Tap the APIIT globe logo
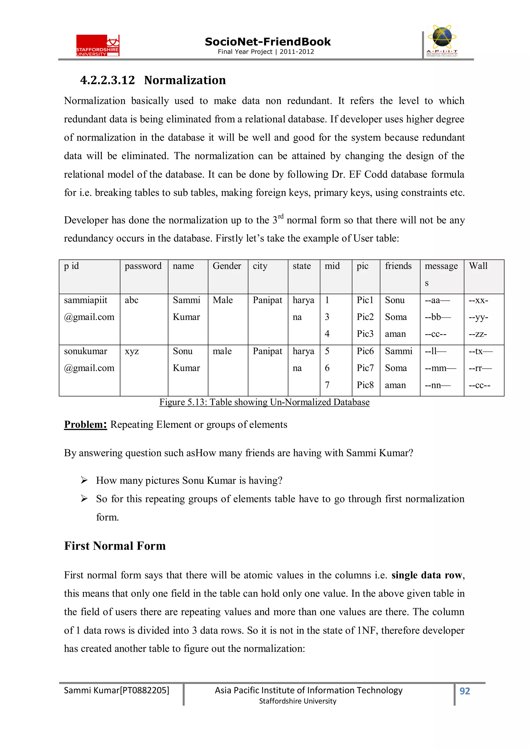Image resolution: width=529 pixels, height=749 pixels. coord(442,40)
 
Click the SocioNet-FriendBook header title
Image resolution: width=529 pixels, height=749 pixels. coord(267,42)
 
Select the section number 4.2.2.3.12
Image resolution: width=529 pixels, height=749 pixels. coord(107,80)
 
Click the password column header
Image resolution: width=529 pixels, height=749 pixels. coord(143,266)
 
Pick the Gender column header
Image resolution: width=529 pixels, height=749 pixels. coord(227,266)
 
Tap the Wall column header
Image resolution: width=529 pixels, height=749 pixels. coord(478,266)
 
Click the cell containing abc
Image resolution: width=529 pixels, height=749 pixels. coord(131,300)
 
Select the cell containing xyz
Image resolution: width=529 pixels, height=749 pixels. coord(131,351)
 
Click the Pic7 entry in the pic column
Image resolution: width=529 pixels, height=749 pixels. coord(365,368)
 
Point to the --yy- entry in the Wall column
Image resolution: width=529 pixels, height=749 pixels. coord(478,317)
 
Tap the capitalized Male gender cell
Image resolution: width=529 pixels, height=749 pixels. coord(223,300)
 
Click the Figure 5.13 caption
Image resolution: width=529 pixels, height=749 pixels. coord(264,402)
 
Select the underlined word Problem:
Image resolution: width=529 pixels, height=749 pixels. coord(85,425)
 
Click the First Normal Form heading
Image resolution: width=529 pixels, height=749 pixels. coord(115,546)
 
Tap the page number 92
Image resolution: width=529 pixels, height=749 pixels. coord(464,691)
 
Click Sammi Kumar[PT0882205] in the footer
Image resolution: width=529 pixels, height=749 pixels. coord(116,690)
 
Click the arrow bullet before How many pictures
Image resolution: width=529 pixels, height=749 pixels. coord(84,480)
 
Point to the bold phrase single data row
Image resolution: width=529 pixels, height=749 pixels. coord(427,575)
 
